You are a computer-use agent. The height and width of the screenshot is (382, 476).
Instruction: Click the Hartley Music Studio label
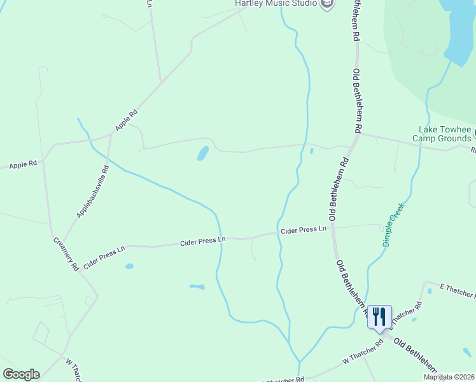276,3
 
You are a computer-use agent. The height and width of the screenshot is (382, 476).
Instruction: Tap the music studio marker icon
327,4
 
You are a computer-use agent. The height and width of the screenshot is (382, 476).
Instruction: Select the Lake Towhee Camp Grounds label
442,134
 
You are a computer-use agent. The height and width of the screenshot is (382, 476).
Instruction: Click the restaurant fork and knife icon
379,316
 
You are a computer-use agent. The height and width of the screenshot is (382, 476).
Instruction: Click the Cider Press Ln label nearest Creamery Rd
103,253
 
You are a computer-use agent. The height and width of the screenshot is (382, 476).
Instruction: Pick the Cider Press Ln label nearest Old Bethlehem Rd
304,229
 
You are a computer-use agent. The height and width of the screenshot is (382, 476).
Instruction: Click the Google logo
21,374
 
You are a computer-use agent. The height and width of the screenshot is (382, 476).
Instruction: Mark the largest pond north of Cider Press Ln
202,153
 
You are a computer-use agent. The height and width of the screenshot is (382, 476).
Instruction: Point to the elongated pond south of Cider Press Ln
197,286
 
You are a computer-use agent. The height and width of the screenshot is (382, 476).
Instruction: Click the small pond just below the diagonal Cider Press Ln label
129,266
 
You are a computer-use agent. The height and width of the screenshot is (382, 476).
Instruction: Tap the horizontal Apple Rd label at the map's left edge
23,164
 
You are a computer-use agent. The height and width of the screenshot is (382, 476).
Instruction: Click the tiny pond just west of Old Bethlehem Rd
311,151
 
